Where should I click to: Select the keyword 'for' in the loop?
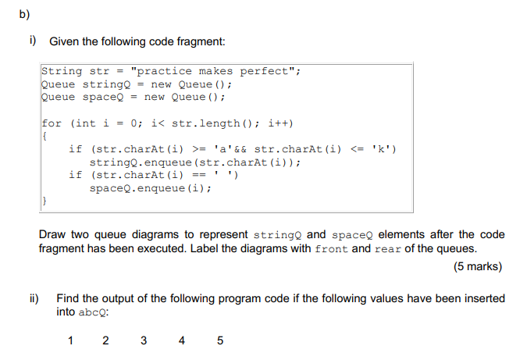52,123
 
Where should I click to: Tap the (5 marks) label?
478,266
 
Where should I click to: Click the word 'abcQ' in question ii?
94,312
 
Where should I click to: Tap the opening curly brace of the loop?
44,136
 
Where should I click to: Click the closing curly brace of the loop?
44,201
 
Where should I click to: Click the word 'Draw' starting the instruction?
53,234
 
